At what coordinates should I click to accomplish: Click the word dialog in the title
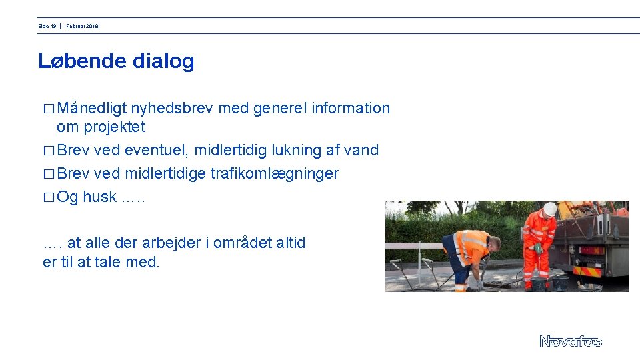coord(163,61)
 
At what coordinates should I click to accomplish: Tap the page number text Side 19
coord(47,26)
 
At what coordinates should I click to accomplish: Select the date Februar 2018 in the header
coord(82,26)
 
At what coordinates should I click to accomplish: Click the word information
coord(351,108)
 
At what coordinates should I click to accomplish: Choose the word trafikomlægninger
coord(274,173)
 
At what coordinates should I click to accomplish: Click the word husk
coord(99,197)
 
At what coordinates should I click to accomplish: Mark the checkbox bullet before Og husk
coord(47,197)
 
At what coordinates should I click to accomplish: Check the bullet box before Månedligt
coord(47,109)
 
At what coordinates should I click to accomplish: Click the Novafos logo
coord(570,341)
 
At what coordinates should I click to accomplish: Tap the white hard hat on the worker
coord(549,209)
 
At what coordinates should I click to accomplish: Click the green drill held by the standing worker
coord(538,250)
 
